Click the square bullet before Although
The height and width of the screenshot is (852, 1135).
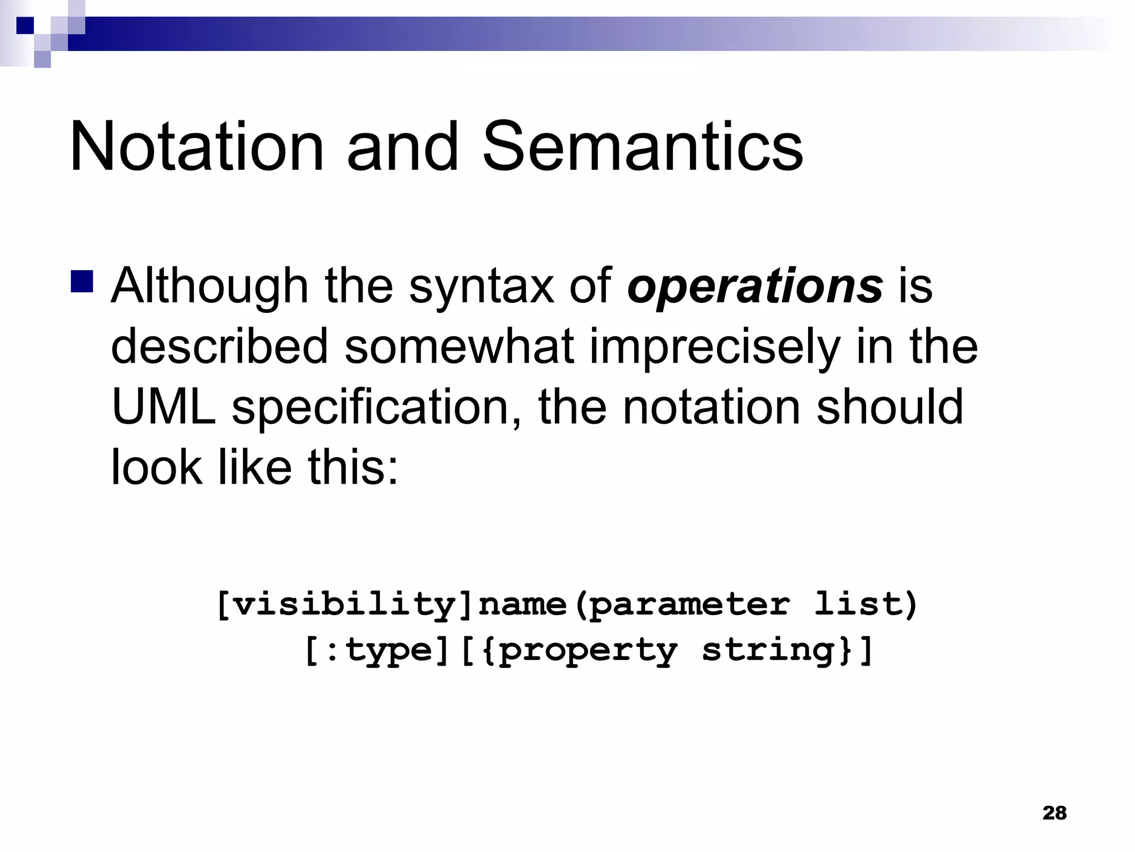tap(83, 281)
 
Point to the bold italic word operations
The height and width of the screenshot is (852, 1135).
tap(755, 286)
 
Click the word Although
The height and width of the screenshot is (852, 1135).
tap(209, 286)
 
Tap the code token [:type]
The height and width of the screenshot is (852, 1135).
tap(377, 651)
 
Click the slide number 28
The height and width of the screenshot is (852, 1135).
tap(1054, 813)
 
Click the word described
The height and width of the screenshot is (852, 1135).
tap(219, 347)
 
